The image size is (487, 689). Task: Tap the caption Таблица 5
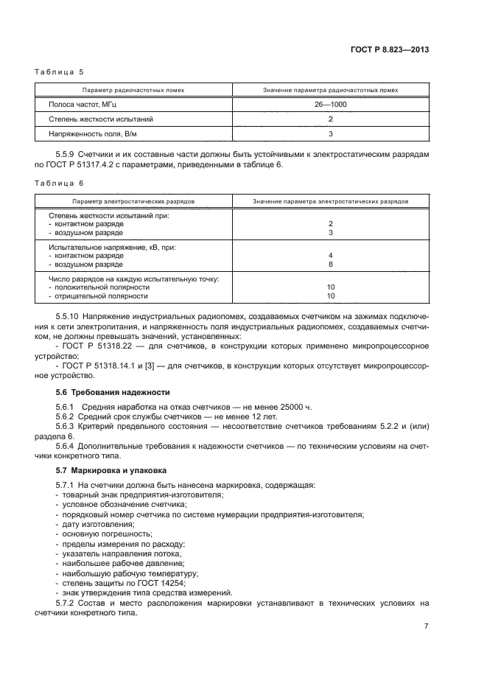(60, 73)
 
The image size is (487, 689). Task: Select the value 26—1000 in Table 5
(330, 105)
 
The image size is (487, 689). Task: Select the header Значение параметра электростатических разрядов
(330, 200)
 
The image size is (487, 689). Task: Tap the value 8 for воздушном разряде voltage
(331, 264)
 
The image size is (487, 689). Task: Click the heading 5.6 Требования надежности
(113, 392)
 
